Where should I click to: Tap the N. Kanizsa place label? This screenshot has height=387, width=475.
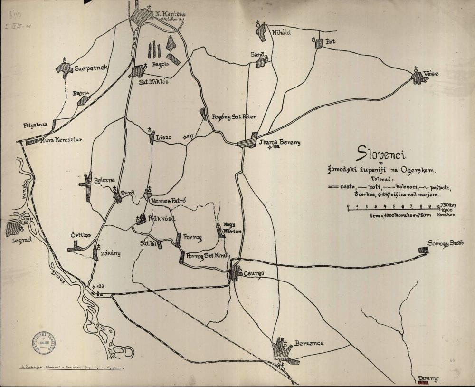(x=170, y=14)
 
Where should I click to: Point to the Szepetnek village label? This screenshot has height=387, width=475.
(x=92, y=68)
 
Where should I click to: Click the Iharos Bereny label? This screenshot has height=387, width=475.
(x=280, y=143)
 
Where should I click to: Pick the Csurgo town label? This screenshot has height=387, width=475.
(x=254, y=274)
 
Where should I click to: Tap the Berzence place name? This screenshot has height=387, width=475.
(x=309, y=343)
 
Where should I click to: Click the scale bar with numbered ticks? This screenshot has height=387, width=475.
(x=394, y=210)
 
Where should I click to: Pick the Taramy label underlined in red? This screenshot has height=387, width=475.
(x=427, y=379)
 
